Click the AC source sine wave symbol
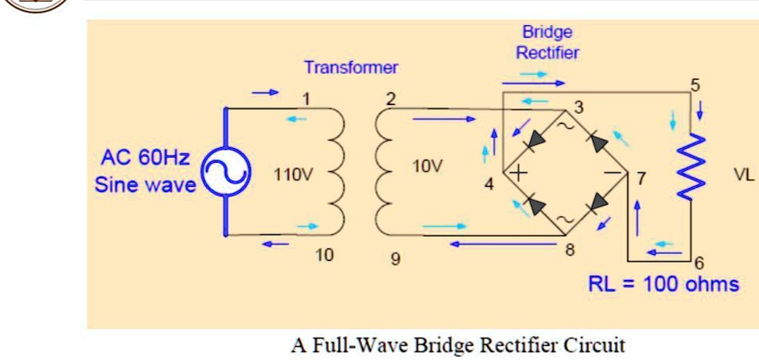(226, 172)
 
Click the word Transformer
(351, 67)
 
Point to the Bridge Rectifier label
(547, 42)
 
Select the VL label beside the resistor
(743, 175)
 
